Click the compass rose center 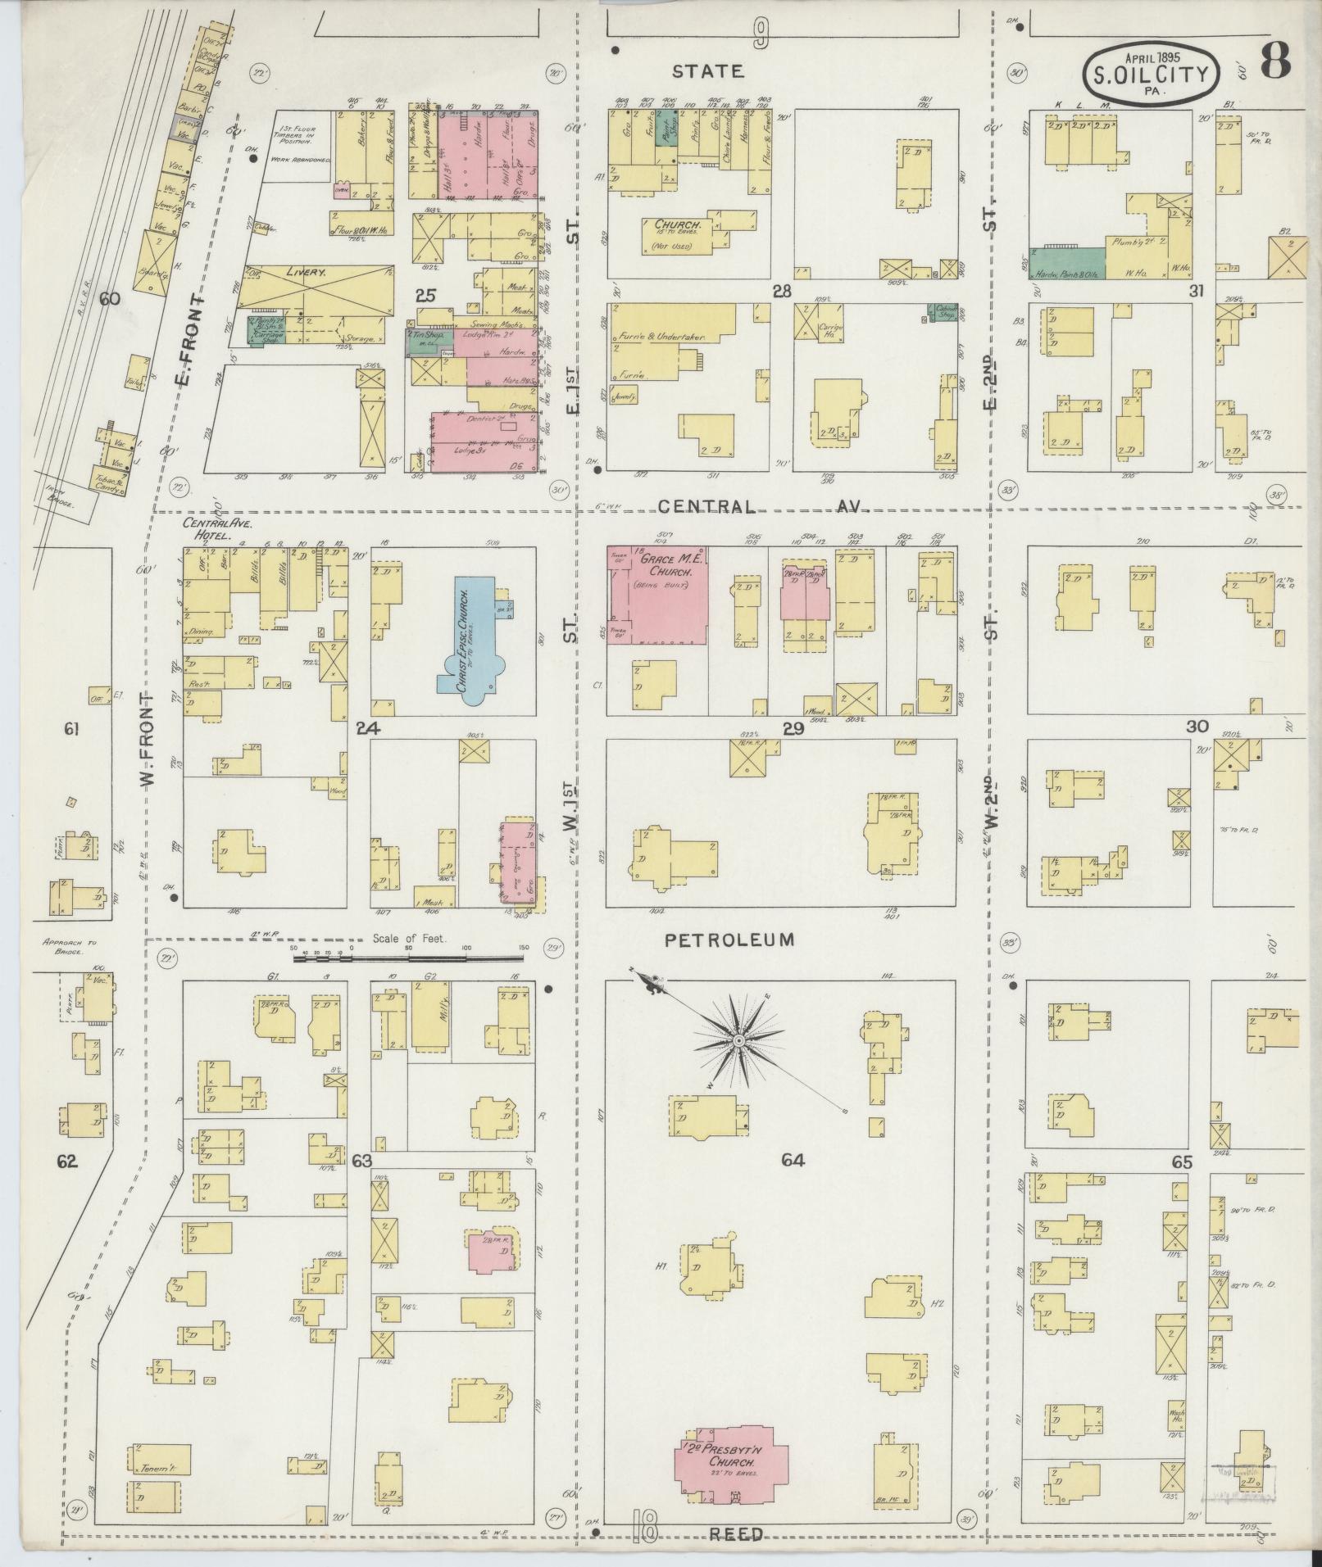[738, 1040]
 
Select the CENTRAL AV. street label [762, 507]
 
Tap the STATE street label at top [708, 72]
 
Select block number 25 [425, 295]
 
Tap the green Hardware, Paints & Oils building [1067, 262]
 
